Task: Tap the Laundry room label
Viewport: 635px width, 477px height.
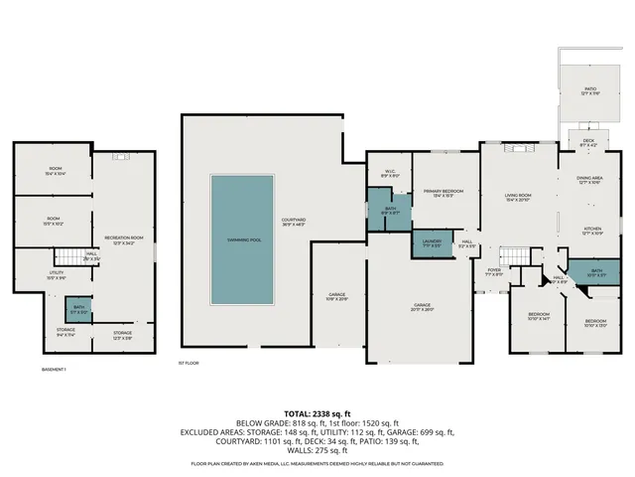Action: point(431,242)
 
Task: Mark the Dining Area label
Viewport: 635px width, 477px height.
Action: point(590,181)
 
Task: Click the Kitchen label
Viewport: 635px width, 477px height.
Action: point(592,231)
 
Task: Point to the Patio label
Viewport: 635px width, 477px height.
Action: point(590,91)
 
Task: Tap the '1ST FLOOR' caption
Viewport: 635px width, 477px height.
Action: point(189,363)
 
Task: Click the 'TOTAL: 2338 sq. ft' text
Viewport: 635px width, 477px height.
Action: point(317,411)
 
